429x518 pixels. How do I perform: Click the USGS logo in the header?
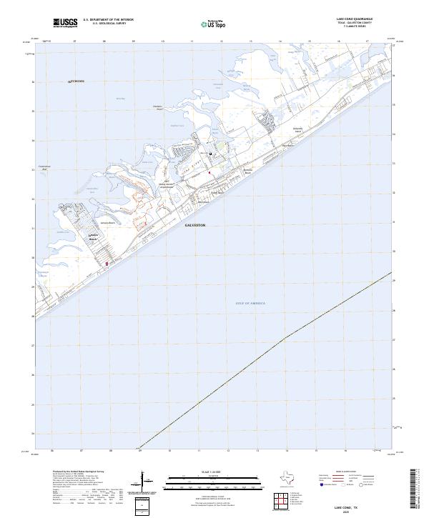pos(66,23)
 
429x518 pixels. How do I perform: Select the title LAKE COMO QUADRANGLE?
pos(359,19)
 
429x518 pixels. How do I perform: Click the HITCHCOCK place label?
pos(76,81)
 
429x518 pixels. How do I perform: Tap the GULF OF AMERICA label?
pos(250,304)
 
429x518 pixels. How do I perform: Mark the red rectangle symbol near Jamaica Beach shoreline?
pos(107,264)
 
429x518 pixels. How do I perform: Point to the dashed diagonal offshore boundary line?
pos(286,337)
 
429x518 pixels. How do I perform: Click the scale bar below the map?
pos(214,485)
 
